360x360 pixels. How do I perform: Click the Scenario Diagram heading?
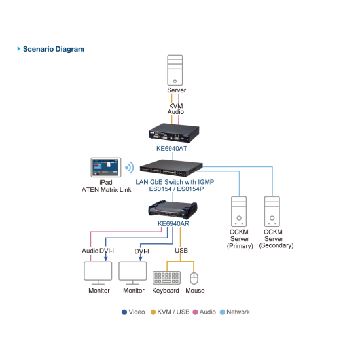point(53,49)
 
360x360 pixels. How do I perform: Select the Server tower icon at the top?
point(176,70)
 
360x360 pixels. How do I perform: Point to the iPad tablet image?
point(106,168)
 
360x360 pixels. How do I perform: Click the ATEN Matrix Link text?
point(106,190)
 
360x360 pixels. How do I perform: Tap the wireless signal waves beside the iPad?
point(130,168)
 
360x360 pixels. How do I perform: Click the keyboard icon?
point(166,278)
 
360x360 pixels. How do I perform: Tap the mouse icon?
point(194,278)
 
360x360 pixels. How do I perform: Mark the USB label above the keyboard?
point(181,250)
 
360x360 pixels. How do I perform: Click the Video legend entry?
point(134,312)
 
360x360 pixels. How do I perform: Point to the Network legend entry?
point(234,312)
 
